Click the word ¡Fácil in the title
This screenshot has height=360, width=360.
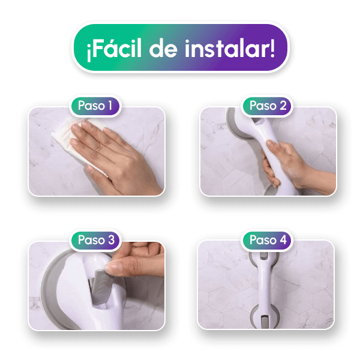(x=114, y=49)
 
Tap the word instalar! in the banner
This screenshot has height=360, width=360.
(x=230, y=48)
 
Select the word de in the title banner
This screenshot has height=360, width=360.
(x=163, y=49)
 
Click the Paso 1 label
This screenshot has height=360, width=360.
(x=95, y=106)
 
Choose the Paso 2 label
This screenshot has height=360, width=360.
(x=268, y=106)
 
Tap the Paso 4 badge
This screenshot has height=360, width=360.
(x=268, y=240)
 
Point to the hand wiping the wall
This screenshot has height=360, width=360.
(x=115, y=156)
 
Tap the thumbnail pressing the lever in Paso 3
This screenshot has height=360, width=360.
(x=113, y=268)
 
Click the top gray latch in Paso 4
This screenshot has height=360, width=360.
(x=264, y=256)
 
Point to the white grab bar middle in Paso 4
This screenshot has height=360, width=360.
(x=264, y=287)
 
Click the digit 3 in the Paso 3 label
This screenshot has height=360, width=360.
(x=111, y=240)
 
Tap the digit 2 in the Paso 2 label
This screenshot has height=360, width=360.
(x=283, y=106)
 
